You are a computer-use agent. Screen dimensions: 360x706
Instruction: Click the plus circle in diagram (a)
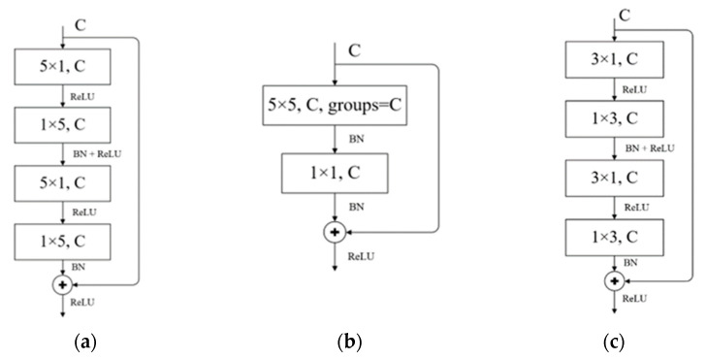(x=62, y=285)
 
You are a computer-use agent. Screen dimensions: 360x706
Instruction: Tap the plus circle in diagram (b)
(x=334, y=232)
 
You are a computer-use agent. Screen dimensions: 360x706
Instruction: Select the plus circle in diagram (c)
(x=612, y=279)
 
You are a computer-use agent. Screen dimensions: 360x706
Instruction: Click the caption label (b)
(x=345, y=341)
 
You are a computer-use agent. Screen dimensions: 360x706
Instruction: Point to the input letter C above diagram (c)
(x=625, y=14)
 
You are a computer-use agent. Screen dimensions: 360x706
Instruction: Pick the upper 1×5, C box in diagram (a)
(x=62, y=123)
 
